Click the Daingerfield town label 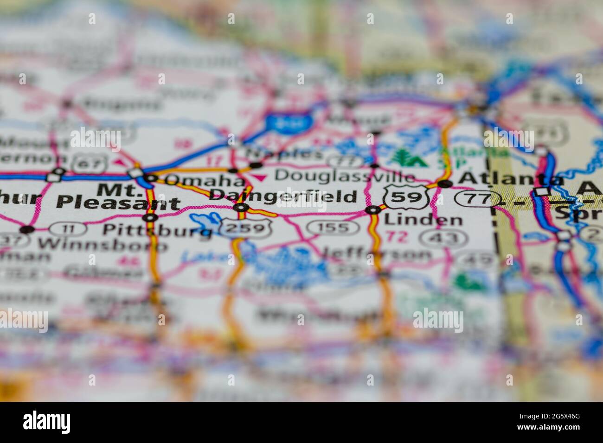[x=283, y=196]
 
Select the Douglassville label [x=344, y=176]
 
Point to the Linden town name [x=423, y=220]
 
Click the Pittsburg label [x=157, y=229]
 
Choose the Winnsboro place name [x=103, y=244]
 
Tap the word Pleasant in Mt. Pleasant [x=118, y=203]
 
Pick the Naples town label [x=284, y=153]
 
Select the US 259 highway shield [x=245, y=228]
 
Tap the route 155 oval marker [x=333, y=228]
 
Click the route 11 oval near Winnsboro [x=67, y=228]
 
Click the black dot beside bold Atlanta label [x=445, y=184]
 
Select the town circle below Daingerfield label [x=241, y=208]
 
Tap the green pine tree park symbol [x=400, y=158]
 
